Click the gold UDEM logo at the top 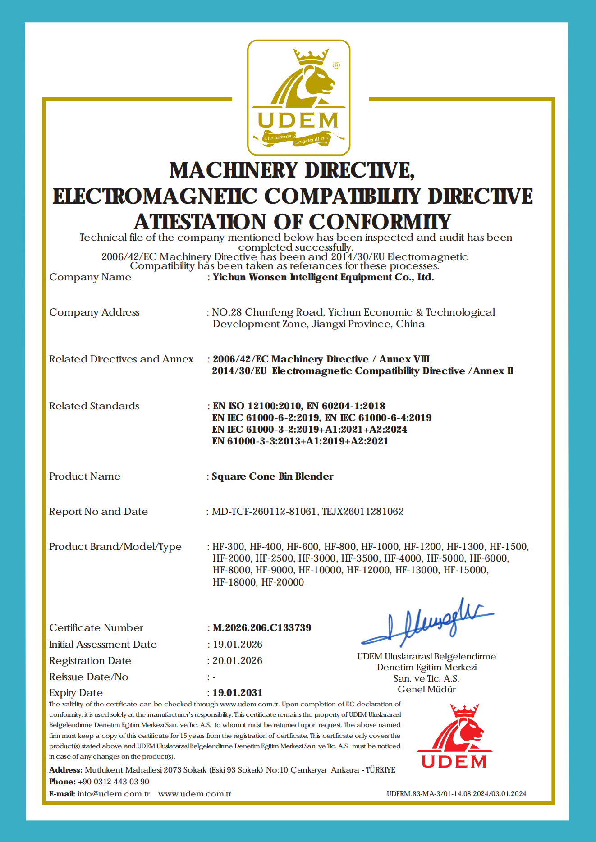298,98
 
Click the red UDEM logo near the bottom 454,736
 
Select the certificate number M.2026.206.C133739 261,627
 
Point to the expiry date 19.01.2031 238,692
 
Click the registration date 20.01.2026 238,660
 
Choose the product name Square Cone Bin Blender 273,476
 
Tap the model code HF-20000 283,582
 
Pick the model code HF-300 229,547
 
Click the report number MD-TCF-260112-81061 264,511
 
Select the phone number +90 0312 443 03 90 114,782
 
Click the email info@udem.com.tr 113,794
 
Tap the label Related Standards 94,406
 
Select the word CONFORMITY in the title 380,222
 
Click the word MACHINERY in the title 234,170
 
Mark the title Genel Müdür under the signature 426,689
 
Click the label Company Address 94,312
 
